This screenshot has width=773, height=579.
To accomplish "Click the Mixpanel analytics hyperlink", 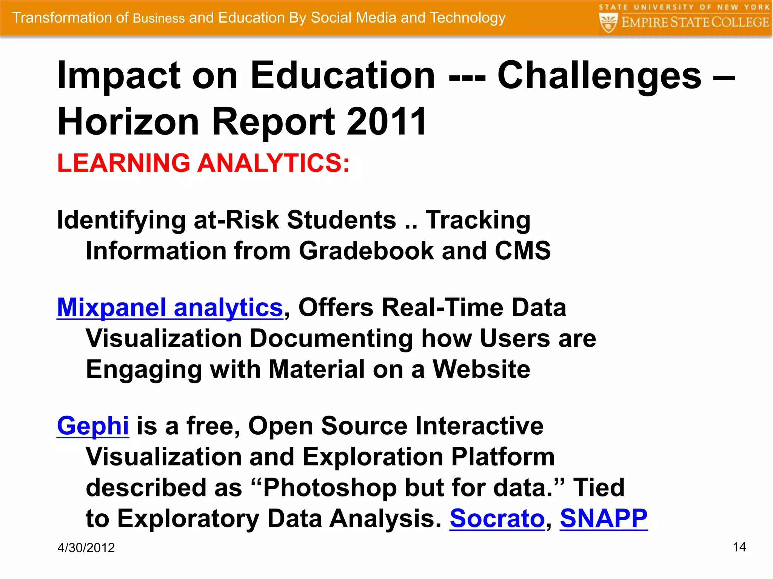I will (x=170, y=308).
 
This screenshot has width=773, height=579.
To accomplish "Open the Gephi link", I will (x=93, y=426).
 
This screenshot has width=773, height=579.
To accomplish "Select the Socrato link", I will (x=497, y=519).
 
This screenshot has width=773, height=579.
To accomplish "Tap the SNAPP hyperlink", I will (x=604, y=519).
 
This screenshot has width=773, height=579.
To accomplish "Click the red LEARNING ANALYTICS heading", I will (x=203, y=163).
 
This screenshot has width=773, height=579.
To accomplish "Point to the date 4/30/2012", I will (x=86, y=548).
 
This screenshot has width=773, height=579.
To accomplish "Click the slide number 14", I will (x=739, y=547).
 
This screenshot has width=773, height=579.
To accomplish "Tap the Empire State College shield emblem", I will (x=608, y=22).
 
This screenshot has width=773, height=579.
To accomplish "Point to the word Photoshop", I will (x=330, y=488).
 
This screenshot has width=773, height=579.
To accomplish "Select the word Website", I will (x=481, y=369).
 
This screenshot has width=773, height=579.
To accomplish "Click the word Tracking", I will (x=478, y=220).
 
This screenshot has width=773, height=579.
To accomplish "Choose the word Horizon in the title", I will (x=128, y=122).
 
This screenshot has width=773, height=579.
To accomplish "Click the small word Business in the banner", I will (x=159, y=18).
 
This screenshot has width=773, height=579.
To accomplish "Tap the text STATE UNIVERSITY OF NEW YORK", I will (x=684, y=7).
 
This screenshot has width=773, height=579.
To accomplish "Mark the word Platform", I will (x=503, y=457).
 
